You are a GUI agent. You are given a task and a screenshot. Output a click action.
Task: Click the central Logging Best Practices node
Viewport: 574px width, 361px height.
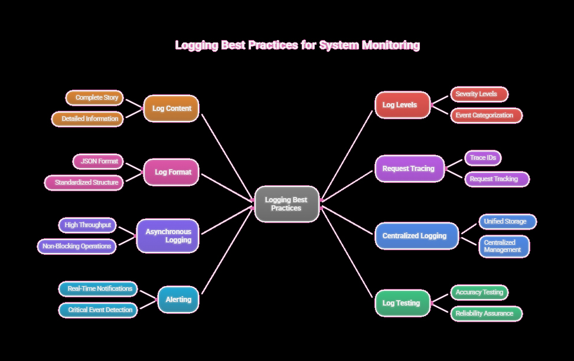click(286, 204)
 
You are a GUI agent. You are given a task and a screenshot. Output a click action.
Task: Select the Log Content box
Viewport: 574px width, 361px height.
click(171, 109)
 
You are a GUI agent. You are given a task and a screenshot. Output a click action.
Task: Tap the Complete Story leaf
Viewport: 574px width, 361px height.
click(94, 98)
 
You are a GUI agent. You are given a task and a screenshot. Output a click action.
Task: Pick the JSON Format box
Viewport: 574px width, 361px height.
click(98, 161)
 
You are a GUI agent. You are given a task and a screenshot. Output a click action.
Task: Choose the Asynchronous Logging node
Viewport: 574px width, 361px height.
click(168, 236)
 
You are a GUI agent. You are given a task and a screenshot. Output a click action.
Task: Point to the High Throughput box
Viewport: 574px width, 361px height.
click(87, 225)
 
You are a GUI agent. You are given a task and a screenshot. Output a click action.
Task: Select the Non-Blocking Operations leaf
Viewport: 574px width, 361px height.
click(77, 247)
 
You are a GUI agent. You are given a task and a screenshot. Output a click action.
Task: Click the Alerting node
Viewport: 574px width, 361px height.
click(178, 300)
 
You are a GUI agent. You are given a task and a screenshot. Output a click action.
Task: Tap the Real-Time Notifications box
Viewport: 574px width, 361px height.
click(98, 289)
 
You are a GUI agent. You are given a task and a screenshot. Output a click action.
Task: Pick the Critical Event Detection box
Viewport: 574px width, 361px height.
click(98, 310)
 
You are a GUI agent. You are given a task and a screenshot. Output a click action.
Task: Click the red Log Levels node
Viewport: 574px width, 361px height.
click(402, 105)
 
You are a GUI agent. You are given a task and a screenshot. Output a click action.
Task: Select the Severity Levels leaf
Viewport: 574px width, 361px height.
click(479, 94)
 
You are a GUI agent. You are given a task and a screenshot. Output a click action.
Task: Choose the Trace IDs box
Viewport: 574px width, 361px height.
click(482, 158)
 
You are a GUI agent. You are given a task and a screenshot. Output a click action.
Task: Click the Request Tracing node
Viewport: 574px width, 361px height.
click(409, 169)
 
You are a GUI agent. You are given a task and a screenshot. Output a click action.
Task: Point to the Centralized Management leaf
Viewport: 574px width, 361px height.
click(504, 246)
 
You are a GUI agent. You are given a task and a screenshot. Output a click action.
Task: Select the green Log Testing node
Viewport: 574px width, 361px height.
click(402, 303)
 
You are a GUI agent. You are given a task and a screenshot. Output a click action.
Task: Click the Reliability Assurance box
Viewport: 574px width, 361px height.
click(486, 314)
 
